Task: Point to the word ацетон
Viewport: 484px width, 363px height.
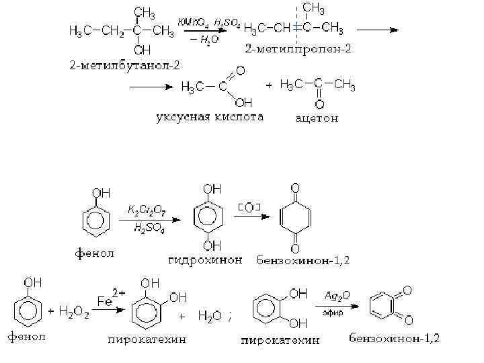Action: click(x=317, y=119)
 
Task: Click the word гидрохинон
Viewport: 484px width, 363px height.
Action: click(x=204, y=259)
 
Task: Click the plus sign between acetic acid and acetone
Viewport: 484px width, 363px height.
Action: click(x=269, y=86)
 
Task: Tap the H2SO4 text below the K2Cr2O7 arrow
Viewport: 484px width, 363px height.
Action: click(x=147, y=229)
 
